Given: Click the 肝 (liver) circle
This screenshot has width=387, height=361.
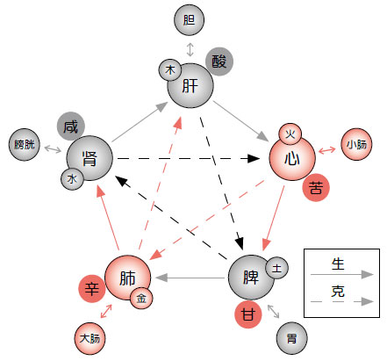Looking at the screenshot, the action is [x=190, y=85].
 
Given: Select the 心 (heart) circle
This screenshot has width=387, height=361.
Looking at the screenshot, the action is [x=292, y=158].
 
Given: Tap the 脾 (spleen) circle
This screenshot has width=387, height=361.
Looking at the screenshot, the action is [x=251, y=278].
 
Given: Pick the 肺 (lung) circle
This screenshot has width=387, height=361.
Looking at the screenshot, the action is [x=127, y=278].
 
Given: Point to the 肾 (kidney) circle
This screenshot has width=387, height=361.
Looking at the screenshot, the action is [x=90, y=158].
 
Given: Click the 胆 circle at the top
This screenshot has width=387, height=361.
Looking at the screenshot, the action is [x=189, y=20].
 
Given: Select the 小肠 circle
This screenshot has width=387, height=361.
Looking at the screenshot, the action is [x=356, y=144].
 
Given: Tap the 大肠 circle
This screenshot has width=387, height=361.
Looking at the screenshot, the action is [x=90, y=338].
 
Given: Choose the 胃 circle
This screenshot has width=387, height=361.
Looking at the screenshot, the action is [x=291, y=338].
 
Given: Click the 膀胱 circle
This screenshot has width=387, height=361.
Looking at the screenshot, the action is [x=25, y=144].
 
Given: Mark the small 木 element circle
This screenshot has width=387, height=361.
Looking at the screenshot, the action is [x=170, y=70].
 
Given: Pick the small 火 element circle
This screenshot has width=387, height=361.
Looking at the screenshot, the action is [x=290, y=134].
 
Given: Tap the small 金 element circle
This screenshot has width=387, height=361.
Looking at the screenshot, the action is [x=141, y=298].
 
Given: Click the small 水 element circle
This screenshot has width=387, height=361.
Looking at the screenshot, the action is [x=72, y=179].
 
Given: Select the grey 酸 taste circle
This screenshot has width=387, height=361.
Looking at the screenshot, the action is [x=219, y=61].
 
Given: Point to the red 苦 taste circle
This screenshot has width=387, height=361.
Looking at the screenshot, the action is [x=316, y=187].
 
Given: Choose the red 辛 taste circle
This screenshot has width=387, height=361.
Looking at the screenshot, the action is [x=92, y=289].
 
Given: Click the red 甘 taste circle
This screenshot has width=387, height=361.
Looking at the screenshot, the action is [x=248, y=314].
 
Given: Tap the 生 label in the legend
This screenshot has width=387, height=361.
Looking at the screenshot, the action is [x=338, y=264].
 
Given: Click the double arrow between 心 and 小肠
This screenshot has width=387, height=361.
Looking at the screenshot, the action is [x=327, y=150].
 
